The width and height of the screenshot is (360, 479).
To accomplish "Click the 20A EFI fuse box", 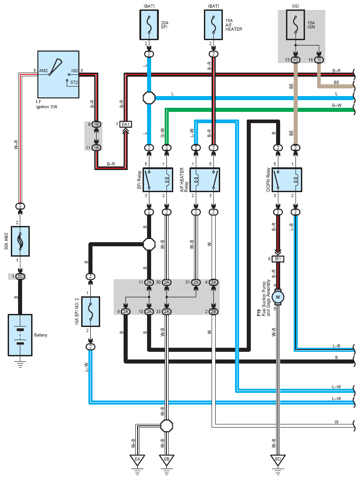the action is [149, 25].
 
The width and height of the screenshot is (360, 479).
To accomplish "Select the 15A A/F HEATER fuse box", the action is [213, 25].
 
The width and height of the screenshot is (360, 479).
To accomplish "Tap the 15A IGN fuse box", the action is [295, 25].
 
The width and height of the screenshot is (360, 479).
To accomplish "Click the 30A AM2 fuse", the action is [20, 241].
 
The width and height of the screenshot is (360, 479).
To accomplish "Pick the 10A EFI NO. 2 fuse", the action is [91, 311].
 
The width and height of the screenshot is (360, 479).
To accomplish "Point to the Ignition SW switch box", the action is [58, 74].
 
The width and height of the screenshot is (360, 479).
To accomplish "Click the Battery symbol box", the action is [20, 335].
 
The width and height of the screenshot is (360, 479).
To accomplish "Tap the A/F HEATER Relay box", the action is [205, 180].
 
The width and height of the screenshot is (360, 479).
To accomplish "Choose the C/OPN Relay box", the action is [286, 180].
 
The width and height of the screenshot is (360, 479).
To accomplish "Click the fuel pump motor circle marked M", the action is [278, 297].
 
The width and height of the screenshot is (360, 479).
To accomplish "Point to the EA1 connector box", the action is [125, 124].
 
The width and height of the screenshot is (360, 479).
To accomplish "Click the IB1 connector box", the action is [278, 259].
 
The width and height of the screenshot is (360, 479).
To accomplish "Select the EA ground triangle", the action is [137, 460].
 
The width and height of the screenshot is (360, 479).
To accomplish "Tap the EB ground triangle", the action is [166, 460].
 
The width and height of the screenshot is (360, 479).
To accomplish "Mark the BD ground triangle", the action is [278, 460].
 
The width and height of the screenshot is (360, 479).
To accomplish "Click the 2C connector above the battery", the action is [20, 276].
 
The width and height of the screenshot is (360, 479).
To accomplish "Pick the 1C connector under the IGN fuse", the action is [295, 60].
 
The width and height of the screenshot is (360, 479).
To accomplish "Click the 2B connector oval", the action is [213, 312].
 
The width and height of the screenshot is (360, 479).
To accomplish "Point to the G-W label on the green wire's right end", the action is [337, 106].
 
